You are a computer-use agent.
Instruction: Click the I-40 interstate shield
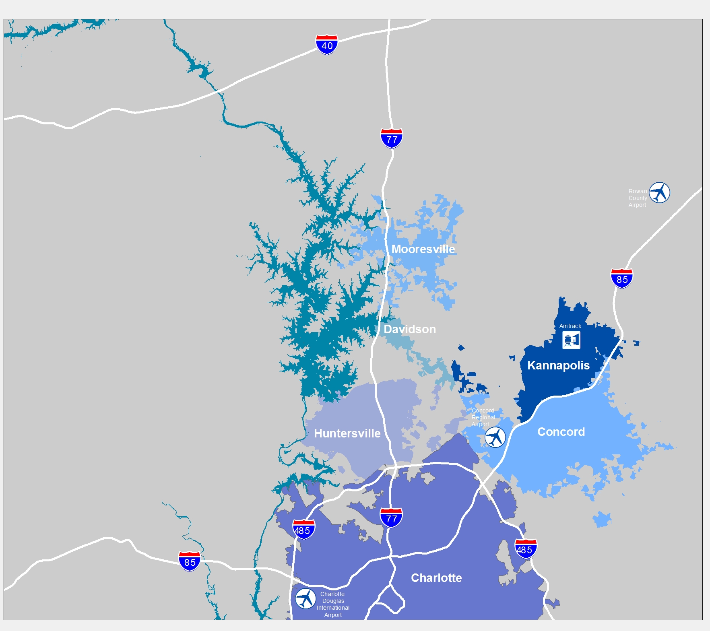[x=326, y=45]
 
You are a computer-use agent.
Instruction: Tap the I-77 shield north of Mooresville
[x=391, y=139]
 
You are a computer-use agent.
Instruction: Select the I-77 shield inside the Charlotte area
[x=391, y=518]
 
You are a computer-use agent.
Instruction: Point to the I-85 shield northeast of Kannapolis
[x=621, y=278]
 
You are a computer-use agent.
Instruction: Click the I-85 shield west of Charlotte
[x=189, y=561]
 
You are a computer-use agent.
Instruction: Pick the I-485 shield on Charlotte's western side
[x=303, y=530]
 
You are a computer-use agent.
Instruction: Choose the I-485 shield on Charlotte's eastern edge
[x=525, y=549]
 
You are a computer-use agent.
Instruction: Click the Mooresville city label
[x=423, y=249]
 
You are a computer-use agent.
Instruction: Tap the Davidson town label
[x=409, y=329]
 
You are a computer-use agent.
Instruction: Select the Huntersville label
[x=347, y=433]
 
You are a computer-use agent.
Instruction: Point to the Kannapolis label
[x=558, y=365]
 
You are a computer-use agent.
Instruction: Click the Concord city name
[x=561, y=432]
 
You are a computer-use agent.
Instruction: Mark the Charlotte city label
[x=436, y=578]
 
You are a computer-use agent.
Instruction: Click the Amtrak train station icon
[x=571, y=340]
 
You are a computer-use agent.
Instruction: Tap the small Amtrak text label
[x=570, y=326]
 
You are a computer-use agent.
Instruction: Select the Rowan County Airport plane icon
[x=659, y=193]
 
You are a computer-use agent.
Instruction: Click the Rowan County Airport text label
[x=638, y=198]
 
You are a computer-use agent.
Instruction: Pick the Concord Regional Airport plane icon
[x=495, y=437]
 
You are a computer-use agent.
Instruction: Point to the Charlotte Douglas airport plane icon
[x=305, y=599]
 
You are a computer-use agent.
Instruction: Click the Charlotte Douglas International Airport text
[x=333, y=604]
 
